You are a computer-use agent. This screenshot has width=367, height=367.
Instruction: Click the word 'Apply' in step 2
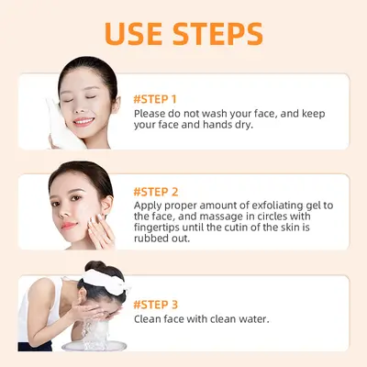pyautogui.click(x=150, y=206)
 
